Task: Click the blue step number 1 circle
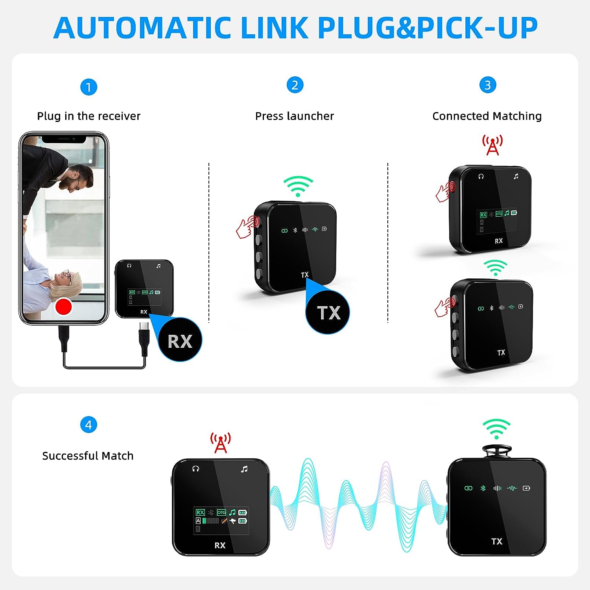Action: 88,87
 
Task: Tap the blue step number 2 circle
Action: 295,85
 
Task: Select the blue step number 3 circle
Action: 488,85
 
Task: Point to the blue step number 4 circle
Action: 88,425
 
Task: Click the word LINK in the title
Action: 274,28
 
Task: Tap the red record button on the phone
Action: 63,306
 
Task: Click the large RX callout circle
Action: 180,340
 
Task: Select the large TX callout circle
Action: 328,313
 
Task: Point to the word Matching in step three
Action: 517,116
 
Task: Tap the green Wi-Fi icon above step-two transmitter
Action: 298,186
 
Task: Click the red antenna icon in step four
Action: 221,443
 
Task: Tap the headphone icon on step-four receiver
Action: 196,468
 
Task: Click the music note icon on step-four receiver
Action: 244,469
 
